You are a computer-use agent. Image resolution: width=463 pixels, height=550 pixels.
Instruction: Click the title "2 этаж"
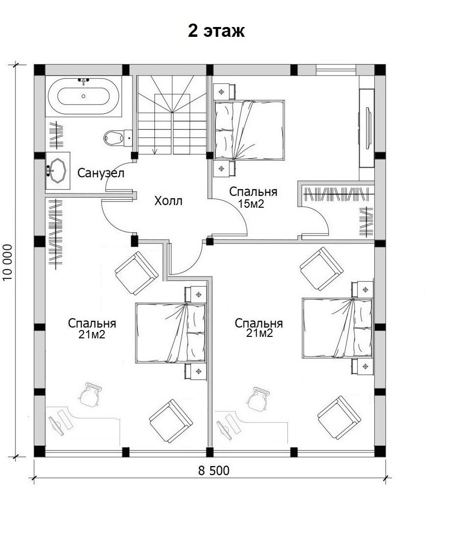point(216,30)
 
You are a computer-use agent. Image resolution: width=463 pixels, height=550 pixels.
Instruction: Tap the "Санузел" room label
point(101,173)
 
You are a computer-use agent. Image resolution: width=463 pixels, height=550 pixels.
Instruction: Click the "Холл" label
point(168,201)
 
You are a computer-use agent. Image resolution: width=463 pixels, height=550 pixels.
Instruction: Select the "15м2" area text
point(251,203)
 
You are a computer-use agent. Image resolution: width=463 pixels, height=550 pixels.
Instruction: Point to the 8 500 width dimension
point(214,470)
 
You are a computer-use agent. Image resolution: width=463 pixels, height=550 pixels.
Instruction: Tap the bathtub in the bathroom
point(84,96)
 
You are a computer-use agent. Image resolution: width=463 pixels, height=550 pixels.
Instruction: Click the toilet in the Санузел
point(118,137)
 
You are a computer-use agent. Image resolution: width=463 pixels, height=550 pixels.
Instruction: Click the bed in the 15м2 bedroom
point(249,130)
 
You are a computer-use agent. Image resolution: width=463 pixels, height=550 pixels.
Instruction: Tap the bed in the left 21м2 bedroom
point(171,333)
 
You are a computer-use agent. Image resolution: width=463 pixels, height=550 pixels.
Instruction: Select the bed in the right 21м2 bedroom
point(337,329)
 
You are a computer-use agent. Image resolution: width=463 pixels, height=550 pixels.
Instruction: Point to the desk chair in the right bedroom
point(258,399)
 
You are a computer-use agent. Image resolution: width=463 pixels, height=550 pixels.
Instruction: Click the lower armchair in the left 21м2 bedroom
point(171,420)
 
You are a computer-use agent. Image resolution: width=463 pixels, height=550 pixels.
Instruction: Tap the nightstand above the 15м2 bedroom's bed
point(223,92)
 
